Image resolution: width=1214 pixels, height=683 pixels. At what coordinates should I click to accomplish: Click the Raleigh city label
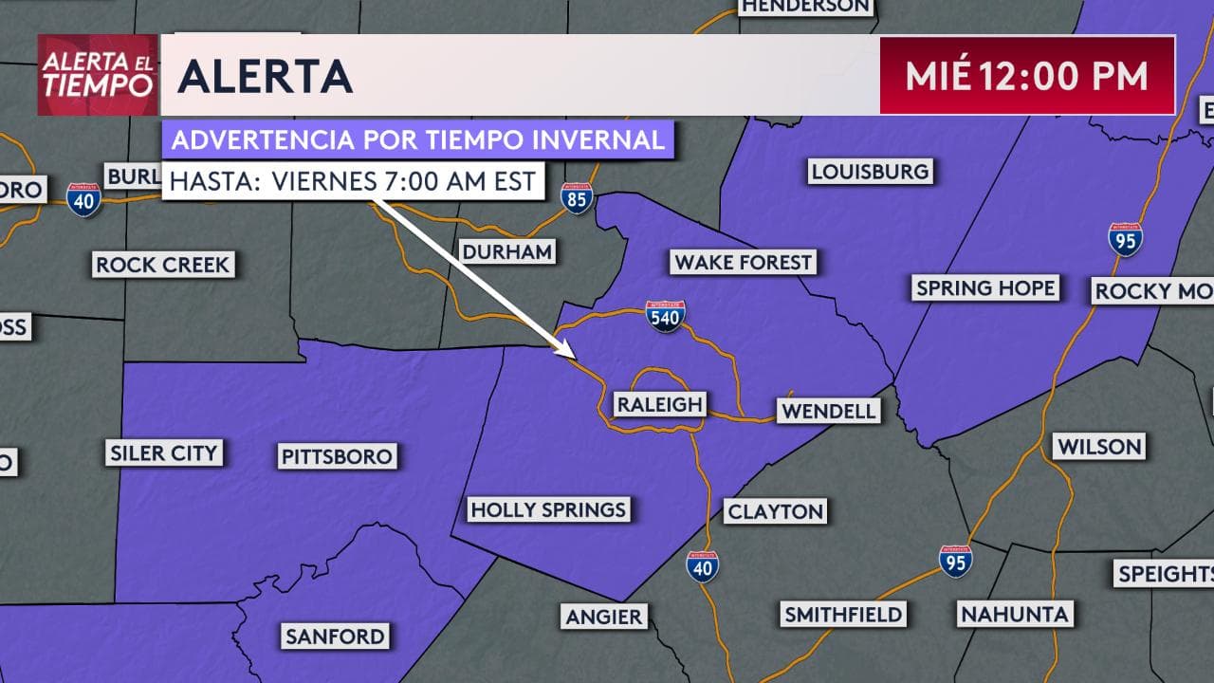coord(659,405)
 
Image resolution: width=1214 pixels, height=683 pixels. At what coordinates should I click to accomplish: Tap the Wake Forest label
coord(743,262)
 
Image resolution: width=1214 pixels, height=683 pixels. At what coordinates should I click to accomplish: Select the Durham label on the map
coord(506,251)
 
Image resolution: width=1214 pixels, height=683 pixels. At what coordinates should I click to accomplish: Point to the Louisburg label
coord(870,172)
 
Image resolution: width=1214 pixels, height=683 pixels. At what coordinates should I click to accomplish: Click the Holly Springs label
coord(548,510)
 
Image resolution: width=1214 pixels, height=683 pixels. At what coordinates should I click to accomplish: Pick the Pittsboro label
coord(337,457)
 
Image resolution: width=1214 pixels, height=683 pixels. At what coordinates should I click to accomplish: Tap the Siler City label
coord(164,453)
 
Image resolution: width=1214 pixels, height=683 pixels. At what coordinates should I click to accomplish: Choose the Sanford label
coord(335,636)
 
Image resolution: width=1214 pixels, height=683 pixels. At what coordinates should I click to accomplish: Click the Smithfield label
coord(843,615)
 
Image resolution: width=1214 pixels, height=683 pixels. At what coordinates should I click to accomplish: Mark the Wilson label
coord(1100,446)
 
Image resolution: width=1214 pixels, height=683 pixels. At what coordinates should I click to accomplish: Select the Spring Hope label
coord(984,288)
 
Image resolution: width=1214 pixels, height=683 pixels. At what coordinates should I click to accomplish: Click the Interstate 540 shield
coord(665,316)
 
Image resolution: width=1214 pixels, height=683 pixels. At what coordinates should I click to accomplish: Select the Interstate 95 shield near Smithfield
coord(955,561)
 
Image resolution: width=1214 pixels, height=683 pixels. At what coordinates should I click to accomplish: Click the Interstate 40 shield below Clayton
coord(703,565)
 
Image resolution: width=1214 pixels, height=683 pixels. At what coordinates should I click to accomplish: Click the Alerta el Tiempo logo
coord(97,75)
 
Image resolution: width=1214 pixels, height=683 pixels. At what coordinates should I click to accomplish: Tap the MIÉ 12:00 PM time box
coord(1027,76)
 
